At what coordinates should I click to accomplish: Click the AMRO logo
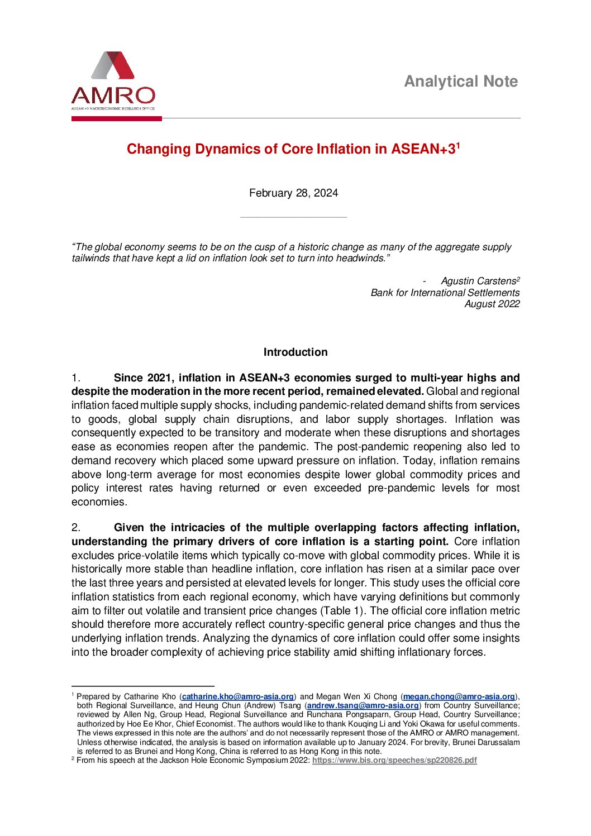click(x=113, y=81)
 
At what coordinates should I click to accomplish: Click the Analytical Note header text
click(x=461, y=82)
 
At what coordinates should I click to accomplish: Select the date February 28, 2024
click(x=293, y=193)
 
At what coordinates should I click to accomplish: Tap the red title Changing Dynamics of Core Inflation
click(x=290, y=149)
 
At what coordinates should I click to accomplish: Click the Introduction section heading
click(x=295, y=352)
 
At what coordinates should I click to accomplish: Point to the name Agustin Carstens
click(x=478, y=281)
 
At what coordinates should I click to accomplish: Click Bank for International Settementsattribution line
click(x=445, y=293)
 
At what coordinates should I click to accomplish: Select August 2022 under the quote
click(x=492, y=304)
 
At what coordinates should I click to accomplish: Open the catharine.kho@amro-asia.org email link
click(x=238, y=696)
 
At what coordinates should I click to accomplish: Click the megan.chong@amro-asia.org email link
click(x=459, y=696)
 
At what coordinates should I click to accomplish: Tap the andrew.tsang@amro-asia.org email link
click(x=363, y=705)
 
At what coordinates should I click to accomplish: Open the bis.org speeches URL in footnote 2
click(x=394, y=761)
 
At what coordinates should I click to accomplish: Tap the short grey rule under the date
click(x=293, y=217)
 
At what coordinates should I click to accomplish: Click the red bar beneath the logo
click(x=116, y=118)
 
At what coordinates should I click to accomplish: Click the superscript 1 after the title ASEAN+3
click(x=458, y=145)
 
